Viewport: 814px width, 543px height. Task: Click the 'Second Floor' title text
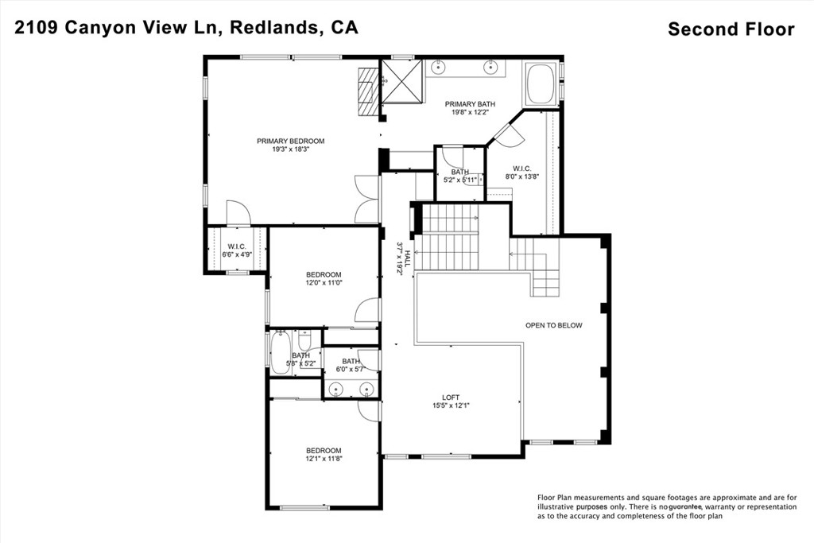click(731, 29)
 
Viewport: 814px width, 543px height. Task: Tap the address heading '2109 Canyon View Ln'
click(119, 28)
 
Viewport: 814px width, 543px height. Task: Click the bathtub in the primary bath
click(541, 86)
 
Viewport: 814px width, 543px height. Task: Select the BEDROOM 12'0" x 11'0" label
click(324, 278)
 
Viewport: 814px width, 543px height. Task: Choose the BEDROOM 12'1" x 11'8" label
click(324, 455)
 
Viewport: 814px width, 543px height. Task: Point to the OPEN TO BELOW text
click(553, 325)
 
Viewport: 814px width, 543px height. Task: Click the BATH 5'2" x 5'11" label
click(459, 176)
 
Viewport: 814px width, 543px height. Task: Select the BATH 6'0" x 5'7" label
click(351, 365)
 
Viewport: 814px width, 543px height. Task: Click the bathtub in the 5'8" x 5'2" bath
click(281, 352)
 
